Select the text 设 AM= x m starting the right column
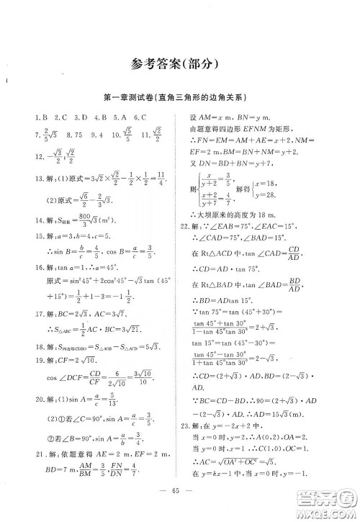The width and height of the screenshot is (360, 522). pos(223,117)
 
